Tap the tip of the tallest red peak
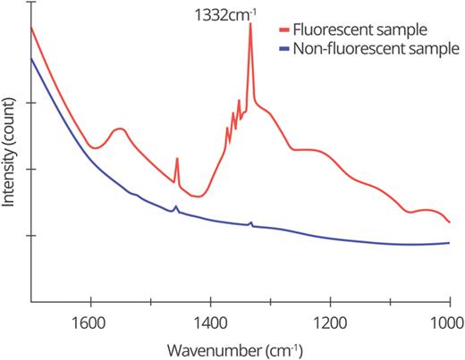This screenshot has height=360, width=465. [249, 24]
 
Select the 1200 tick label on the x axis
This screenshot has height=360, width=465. [330, 318]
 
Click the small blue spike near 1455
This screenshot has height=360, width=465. [175, 207]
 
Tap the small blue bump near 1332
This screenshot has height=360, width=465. [250, 222]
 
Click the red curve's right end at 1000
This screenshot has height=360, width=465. [449, 222]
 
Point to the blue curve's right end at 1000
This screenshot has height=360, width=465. [449, 242]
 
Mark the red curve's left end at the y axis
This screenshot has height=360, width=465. [31, 28]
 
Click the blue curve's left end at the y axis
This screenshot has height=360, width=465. [31, 58]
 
